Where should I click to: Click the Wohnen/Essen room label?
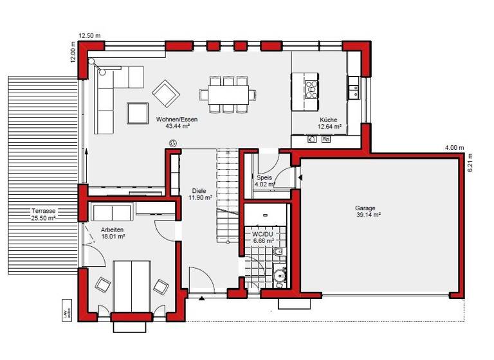181,120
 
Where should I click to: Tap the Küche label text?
328,120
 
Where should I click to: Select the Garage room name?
365,208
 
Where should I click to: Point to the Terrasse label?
44,211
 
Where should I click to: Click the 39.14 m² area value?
368,215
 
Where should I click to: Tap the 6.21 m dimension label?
470,165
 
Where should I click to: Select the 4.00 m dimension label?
453,148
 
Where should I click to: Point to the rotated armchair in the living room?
166,93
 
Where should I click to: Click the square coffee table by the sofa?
138,113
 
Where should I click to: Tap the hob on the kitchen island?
311,87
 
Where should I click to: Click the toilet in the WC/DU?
278,255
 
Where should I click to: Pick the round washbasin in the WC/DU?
279,276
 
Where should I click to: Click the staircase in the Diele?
228,186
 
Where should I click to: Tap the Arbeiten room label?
112,230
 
